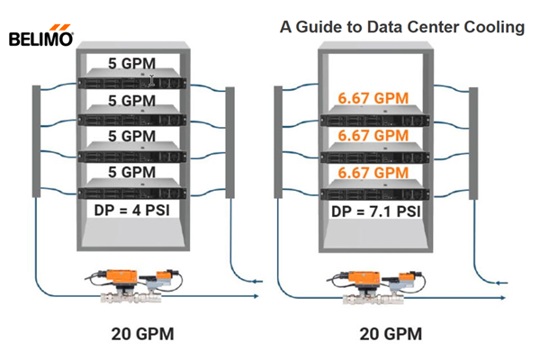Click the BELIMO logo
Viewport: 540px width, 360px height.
(41, 39)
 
